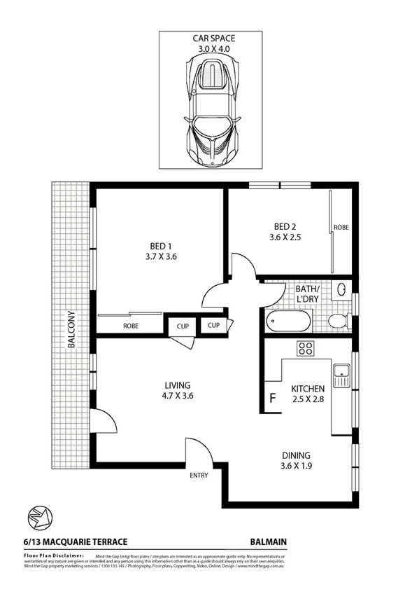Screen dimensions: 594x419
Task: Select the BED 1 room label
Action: point(160,246)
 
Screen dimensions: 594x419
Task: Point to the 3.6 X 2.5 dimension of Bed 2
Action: point(285,237)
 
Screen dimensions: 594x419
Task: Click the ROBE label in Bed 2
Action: point(341,228)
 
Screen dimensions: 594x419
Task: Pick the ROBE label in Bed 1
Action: point(131,326)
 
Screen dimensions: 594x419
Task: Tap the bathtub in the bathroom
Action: point(288,322)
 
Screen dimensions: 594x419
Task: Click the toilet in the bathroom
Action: point(338,321)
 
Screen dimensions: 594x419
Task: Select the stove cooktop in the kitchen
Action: point(305,348)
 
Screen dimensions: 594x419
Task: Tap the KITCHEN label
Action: point(308,388)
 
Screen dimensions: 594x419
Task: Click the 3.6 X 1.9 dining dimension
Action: point(297,464)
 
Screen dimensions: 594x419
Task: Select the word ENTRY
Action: point(199,476)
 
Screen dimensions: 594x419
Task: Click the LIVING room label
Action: point(178,385)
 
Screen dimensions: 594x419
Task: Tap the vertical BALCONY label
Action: point(71,329)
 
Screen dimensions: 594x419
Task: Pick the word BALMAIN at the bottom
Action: point(269,541)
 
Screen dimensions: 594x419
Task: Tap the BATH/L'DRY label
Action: point(308,294)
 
